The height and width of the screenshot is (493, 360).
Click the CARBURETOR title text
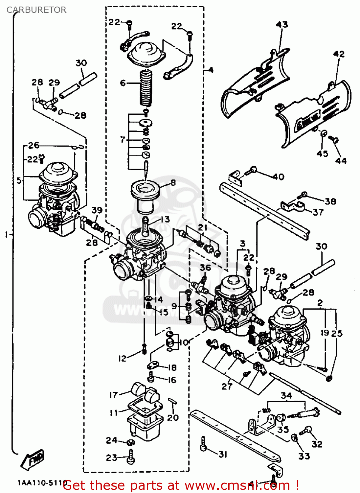coord(36,10)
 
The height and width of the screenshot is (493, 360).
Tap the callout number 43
coord(282,25)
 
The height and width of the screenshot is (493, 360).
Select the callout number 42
coord(339,54)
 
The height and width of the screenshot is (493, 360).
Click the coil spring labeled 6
coord(146,88)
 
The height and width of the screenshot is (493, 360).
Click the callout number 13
coord(165,219)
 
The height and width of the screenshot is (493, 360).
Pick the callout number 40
coord(278,177)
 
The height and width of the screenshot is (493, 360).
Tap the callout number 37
coord(318,212)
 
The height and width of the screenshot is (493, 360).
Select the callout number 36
coord(205,268)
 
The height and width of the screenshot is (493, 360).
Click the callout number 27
coord(227,386)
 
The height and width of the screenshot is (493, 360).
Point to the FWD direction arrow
coord(33,459)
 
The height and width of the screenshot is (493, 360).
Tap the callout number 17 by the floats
coord(113,395)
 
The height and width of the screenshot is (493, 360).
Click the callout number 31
coord(223,454)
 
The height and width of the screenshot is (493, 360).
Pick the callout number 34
coord(286,395)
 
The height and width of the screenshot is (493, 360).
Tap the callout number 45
coord(322,153)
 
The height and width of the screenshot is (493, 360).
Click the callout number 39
coord(97,210)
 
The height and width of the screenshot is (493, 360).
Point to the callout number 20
coord(173,417)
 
